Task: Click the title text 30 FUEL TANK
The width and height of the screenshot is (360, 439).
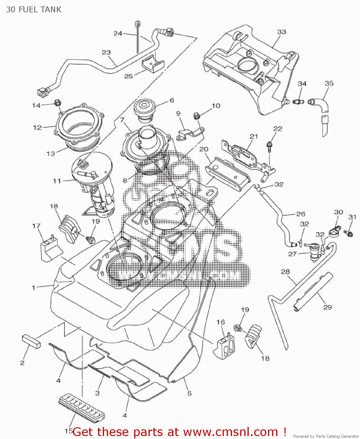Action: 34,10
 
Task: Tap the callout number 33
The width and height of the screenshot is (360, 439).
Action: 281,32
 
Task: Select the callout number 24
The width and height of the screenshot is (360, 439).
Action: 118,33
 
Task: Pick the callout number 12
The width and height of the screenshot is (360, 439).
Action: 37,128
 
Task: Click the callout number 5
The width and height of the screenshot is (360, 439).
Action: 190,393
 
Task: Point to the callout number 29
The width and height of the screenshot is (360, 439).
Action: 327,307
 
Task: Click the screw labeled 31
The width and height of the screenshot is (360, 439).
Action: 349,233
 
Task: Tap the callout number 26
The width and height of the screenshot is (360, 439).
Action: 301,214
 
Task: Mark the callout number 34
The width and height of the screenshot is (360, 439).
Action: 302,84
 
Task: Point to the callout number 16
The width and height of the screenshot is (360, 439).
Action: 221,322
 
